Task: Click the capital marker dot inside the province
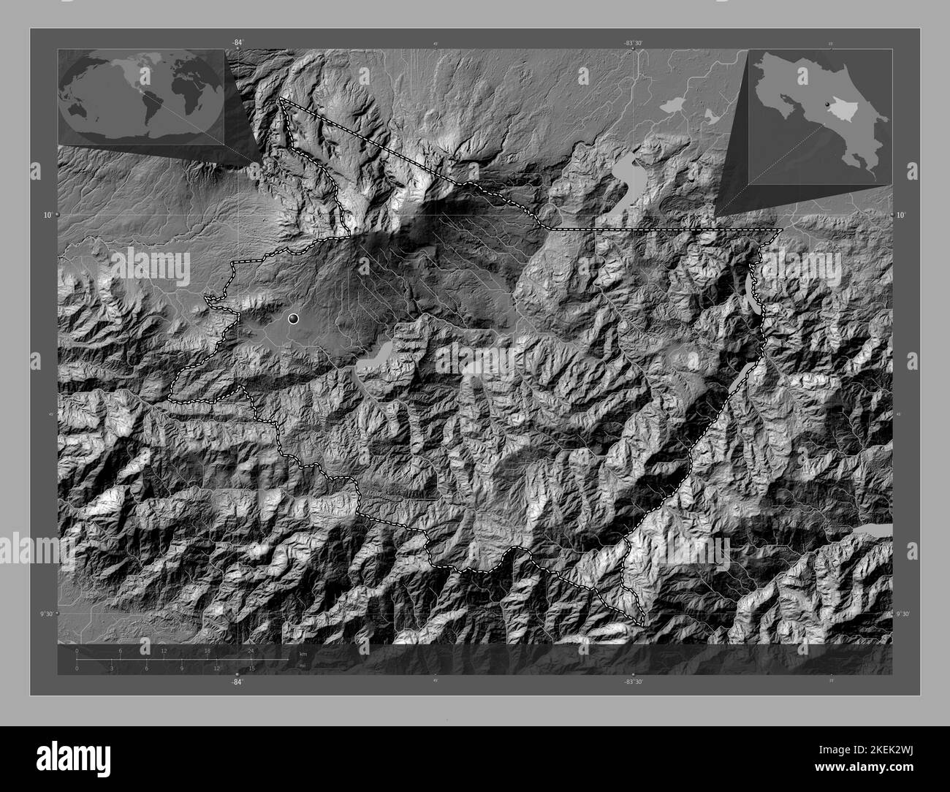click(294, 319)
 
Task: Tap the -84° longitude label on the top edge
click(237, 43)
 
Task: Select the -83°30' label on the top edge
click(633, 43)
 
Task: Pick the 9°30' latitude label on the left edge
click(47, 614)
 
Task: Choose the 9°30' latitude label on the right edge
click(904, 614)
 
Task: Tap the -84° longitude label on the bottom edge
click(237, 682)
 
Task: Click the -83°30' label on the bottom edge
click(633, 682)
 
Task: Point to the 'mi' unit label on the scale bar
click(303, 666)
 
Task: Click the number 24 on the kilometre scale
click(251, 650)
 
